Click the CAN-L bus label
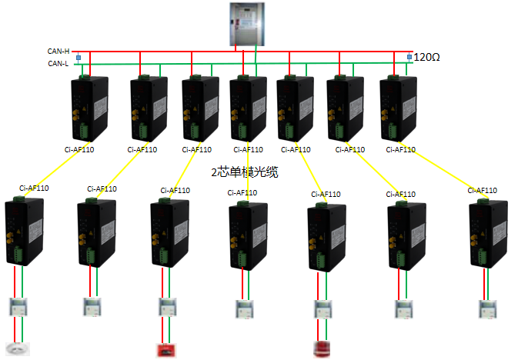coord(58,63)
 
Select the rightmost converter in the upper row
coord(399,107)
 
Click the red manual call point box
coord(165,350)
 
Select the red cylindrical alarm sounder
coord(322,349)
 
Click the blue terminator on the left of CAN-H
coord(79,57)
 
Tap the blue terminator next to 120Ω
coord(409,57)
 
